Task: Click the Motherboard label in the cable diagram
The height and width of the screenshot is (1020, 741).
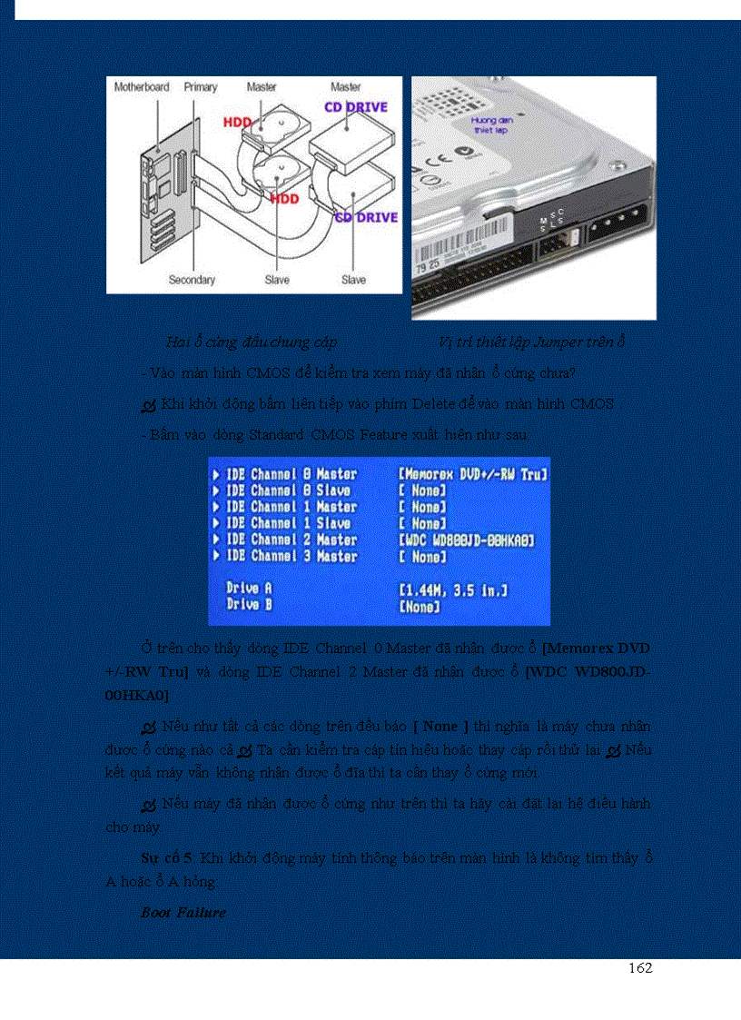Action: coord(141,87)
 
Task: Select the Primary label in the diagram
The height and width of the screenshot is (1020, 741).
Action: coord(201,87)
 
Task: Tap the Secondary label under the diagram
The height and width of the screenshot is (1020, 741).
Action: coord(192,280)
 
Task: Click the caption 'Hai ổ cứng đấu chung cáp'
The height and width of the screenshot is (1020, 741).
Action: coord(252,342)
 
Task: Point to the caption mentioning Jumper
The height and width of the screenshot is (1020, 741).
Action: coord(531,342)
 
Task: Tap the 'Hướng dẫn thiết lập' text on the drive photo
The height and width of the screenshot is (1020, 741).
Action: coord(488,124)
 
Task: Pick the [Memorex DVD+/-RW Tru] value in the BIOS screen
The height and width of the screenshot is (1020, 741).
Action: coord(473,474)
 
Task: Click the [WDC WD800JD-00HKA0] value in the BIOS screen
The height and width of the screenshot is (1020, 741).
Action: coord(466,540)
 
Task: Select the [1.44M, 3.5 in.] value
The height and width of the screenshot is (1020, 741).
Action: coord(453,590)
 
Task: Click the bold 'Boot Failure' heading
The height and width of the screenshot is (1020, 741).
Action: coord(183,913)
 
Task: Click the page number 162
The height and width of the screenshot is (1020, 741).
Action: coord(640,968)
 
